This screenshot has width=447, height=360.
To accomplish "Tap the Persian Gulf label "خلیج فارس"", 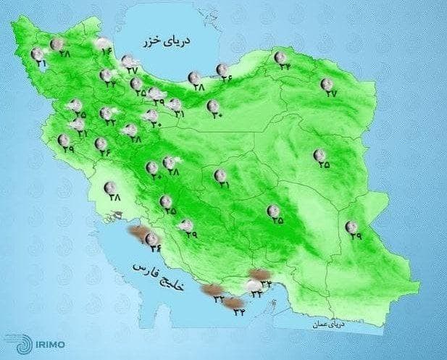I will coord(160,278).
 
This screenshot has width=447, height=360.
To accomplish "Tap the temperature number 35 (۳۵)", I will coord(277,220).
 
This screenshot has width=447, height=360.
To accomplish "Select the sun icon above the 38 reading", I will coord(110,185).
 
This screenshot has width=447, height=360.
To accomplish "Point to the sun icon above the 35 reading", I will coord(273,210).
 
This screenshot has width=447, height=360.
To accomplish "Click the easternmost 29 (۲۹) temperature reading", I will coord(354,235).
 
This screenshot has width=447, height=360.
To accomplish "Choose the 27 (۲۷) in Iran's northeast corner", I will coord(331,93).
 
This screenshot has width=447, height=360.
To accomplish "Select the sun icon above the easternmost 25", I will coord(319,154).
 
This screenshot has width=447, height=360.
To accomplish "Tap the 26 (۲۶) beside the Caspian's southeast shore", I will coord(227,78).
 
